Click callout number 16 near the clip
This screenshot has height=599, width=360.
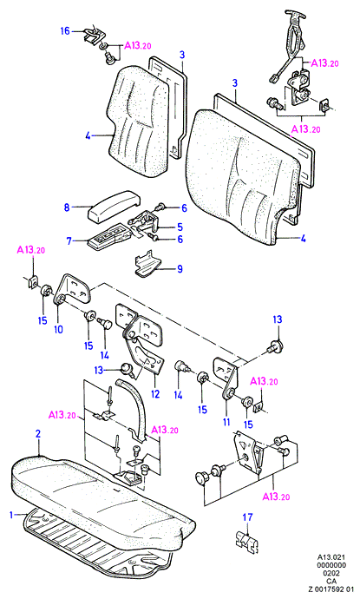pos(65,30)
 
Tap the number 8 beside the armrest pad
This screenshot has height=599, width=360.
pos(67,207)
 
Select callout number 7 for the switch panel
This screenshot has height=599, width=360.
pos(69,241)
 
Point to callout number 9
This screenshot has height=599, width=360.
pos(180,269)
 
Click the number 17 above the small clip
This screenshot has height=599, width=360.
pos(248,517)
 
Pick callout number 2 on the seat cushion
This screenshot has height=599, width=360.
pos(38,433)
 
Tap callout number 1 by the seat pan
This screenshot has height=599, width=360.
pos(11,515)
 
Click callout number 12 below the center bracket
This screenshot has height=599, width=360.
pos(155,393)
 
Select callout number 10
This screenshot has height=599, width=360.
pos(58,329)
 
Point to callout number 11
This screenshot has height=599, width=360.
pos(226,422)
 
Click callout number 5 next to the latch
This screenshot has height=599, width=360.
pos(180,227)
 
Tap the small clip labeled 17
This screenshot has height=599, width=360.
pos(245,537)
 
